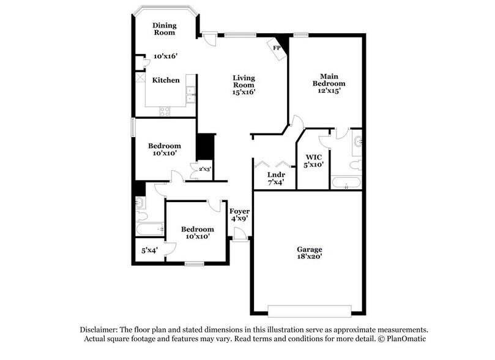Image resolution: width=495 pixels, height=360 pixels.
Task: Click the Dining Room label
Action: pyautogui.click(x=165, y=29)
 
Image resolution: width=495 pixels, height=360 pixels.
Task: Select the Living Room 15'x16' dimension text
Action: pyautogui.click(x=243, y=92)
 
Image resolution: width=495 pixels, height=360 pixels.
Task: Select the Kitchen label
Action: pyautogui.click(x=166, y=80)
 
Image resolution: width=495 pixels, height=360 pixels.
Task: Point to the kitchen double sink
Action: pyautogui.click(x=190, y=95)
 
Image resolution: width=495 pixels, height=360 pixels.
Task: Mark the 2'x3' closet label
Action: pyautogui.click(x=204, y=169)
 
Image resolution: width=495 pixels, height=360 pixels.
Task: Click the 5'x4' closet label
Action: pyautogui.click(x=149, y=250)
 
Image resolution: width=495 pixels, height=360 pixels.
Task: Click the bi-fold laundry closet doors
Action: pyautogui.click(x=273, y=163)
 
